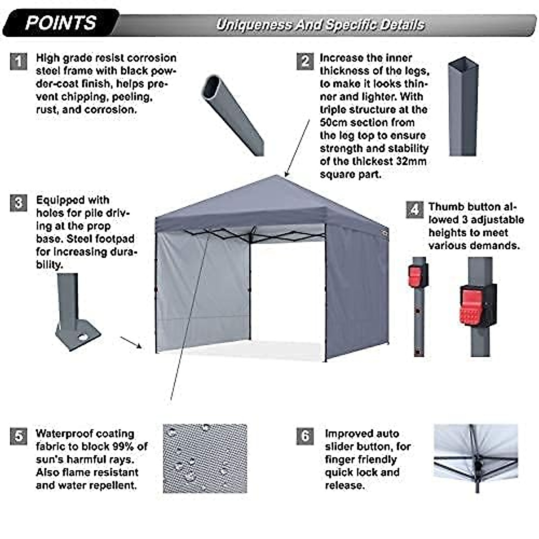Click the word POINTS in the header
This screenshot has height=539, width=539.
point(61,22)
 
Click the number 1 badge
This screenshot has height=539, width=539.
point(18,61)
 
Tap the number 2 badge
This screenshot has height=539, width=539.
point(305,61)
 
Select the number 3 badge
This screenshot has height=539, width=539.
point(18,203)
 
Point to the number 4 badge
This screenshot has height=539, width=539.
point(414,210)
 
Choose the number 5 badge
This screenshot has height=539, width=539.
point(18,436)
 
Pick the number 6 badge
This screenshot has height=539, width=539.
point(305,436)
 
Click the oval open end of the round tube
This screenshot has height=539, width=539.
point(211,88)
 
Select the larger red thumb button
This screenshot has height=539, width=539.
point(472,307)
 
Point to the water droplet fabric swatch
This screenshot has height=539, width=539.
point(205,458)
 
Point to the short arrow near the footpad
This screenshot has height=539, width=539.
point(131,342)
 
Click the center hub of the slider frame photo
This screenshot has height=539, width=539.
point(476,463)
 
